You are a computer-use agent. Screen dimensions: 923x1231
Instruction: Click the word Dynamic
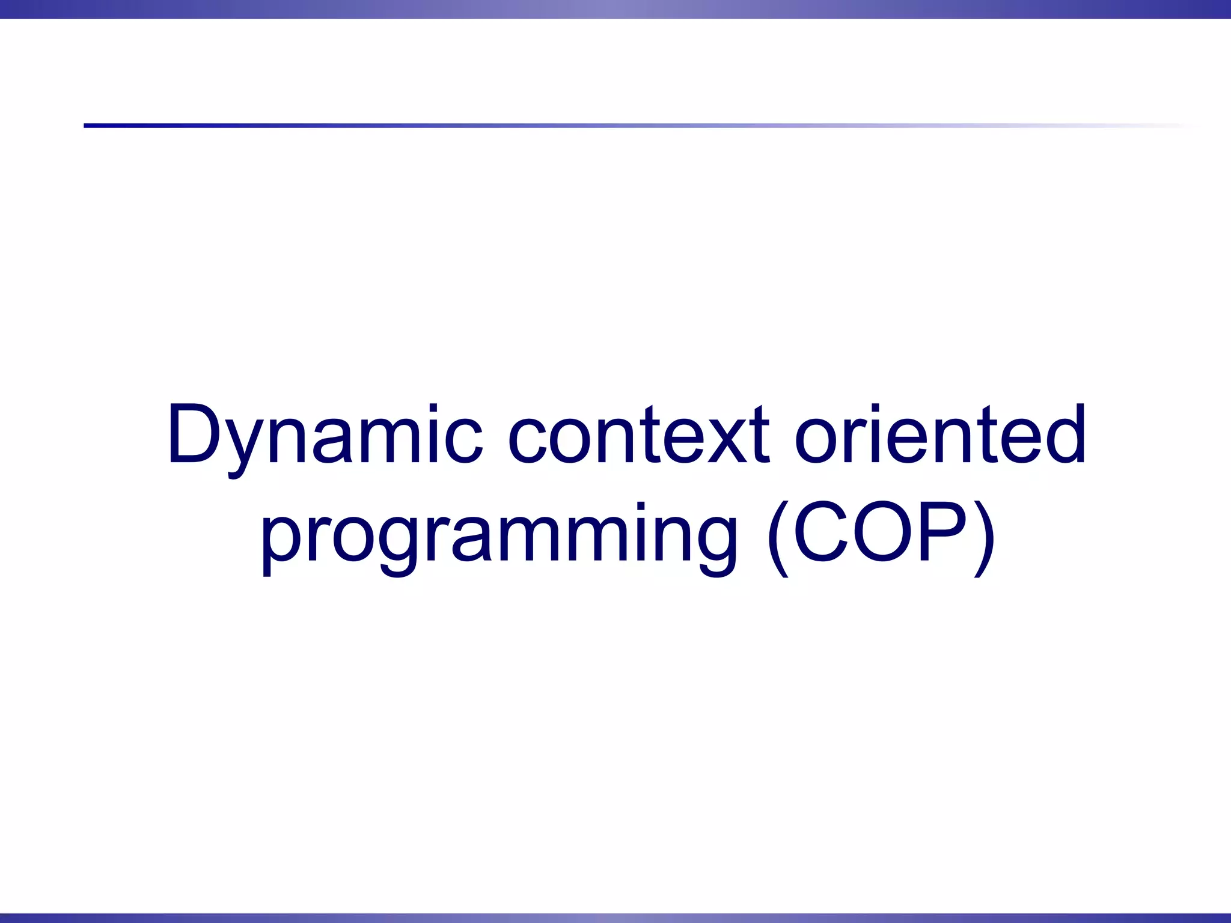pyautogui.click(x=325, y=434)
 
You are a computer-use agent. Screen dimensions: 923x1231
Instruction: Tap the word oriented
pyautogui.click(x=940, y=434)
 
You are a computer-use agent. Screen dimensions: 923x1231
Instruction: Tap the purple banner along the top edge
pyautogui.click(x=615, y=9)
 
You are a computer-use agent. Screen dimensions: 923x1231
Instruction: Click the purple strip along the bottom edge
pyautogui.click(x=615, y=918)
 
